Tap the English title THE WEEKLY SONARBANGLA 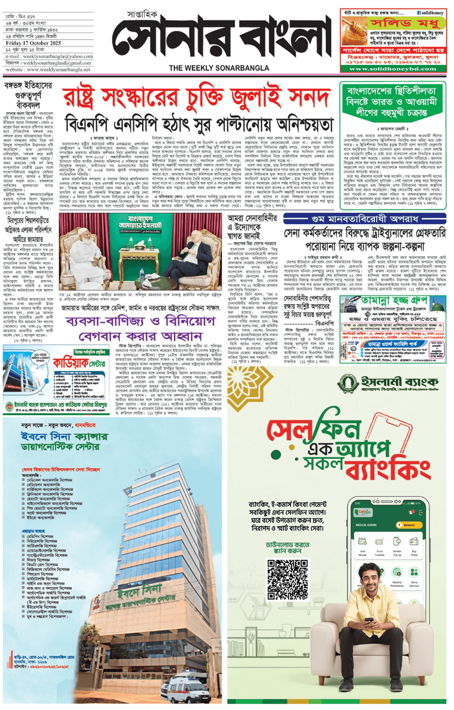click(219, 68)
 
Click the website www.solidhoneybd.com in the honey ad click(393, 69)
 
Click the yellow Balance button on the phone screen click(409, 525)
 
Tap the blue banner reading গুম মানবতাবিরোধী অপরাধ click(364, 219)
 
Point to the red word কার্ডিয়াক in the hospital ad click(71, 363)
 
